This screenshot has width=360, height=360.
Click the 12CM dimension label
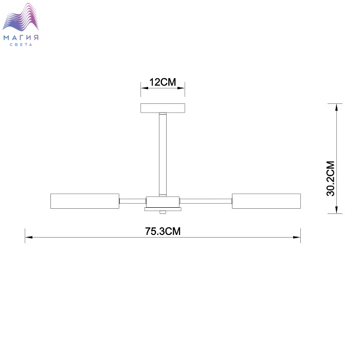click(163, 82)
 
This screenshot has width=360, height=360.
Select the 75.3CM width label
click(163, 231)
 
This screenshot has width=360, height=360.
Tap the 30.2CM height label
click(331, 178)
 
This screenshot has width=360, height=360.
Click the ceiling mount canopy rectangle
click(163, 108)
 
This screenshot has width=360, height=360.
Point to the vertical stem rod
click(163, 154)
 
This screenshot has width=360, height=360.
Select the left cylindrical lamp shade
click(85, 201)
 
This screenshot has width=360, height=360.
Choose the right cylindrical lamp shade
click(266, 201)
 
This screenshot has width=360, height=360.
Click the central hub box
click(163, 202)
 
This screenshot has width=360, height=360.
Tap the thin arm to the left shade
click(133, 201)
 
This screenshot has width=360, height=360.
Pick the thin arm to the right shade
click(206, 201)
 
